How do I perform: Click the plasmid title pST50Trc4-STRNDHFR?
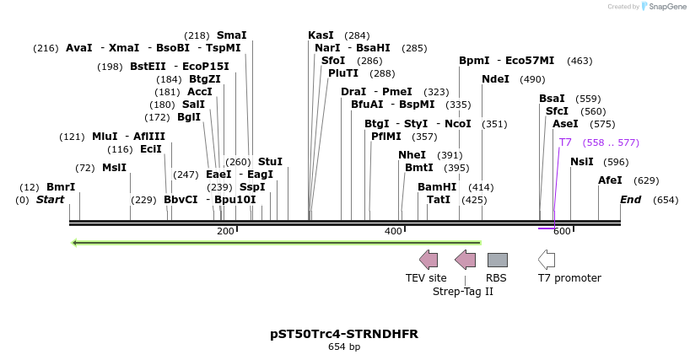click(344, 334)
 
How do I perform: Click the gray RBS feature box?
click(497, 260)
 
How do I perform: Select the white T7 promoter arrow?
click(547, 260)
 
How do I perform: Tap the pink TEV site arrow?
click(429, 260)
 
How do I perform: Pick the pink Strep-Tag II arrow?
click(465, 260)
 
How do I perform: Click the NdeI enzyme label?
click(495, 79)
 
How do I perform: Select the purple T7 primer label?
click(565, 142)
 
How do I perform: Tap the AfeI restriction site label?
click(610, 180)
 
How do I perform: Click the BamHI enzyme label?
click(436, 186)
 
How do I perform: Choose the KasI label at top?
click(321, 35)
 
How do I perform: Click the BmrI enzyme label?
click(61, 186)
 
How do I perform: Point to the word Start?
click(50, 200)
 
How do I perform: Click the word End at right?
click(630, 200)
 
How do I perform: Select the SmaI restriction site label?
click(231, 35)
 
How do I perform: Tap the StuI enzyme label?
click(270, 161)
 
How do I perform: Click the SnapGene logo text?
click(666, 7)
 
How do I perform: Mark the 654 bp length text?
click(344, 347)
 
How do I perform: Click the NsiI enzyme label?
click(582, 161)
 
